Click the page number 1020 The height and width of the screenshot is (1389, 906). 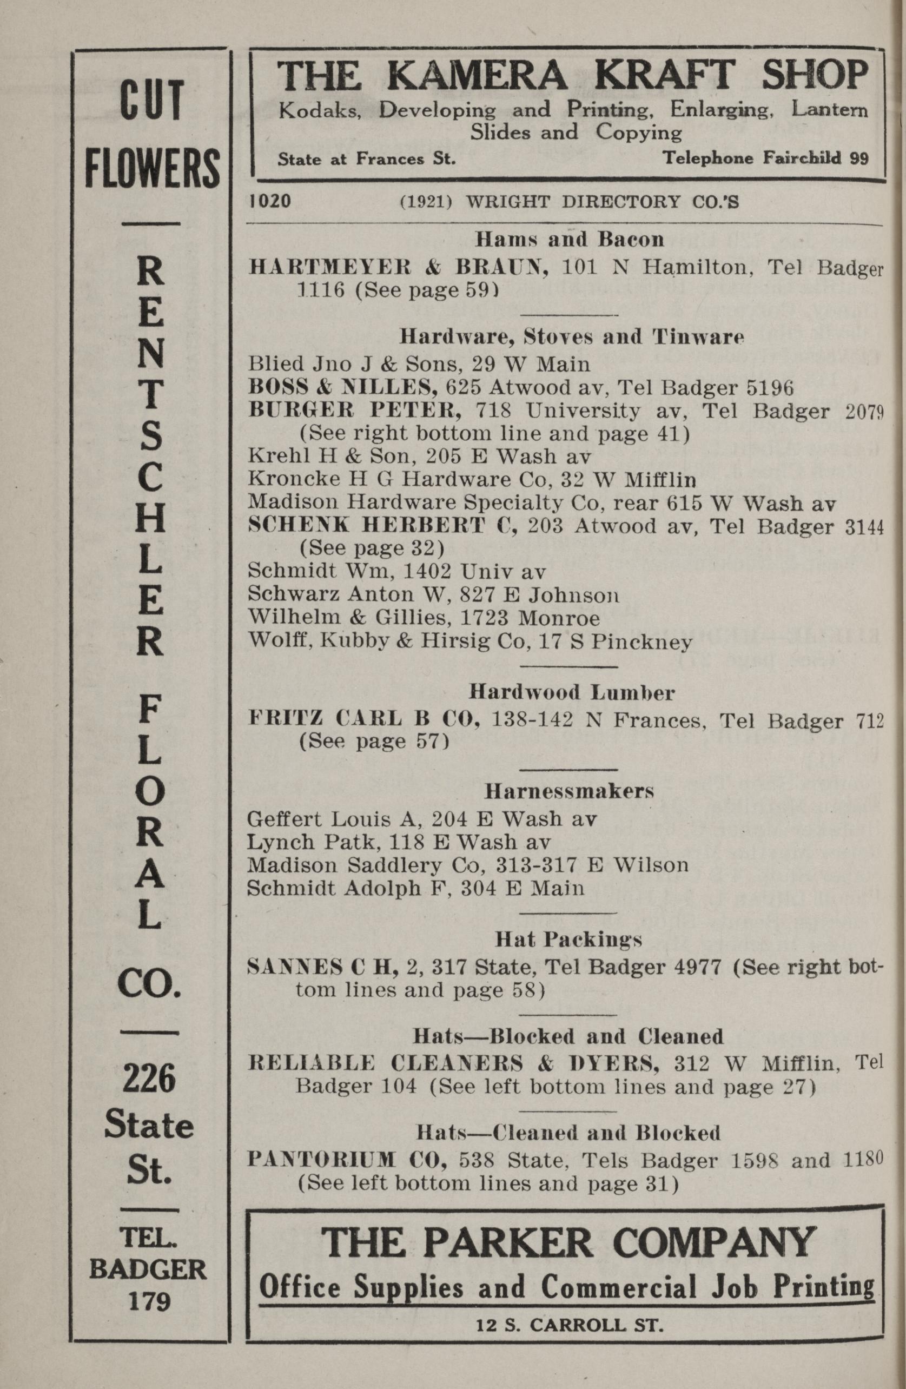tap(270, 201)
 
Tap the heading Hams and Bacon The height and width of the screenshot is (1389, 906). tap(569, 239)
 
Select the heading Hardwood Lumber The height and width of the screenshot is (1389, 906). tap(572, 693)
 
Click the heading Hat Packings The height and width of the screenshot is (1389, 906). tap(568, 940)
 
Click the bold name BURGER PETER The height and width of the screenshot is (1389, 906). tap(355, 411)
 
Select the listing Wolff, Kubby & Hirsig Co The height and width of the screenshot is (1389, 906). tap(470, 642)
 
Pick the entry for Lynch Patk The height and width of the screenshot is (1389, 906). tap(399, 842)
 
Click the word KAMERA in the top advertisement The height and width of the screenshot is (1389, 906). tap(476, 76)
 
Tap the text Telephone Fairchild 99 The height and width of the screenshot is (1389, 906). tap(765, 158)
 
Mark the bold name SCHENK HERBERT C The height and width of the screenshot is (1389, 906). tap(383, 526)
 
